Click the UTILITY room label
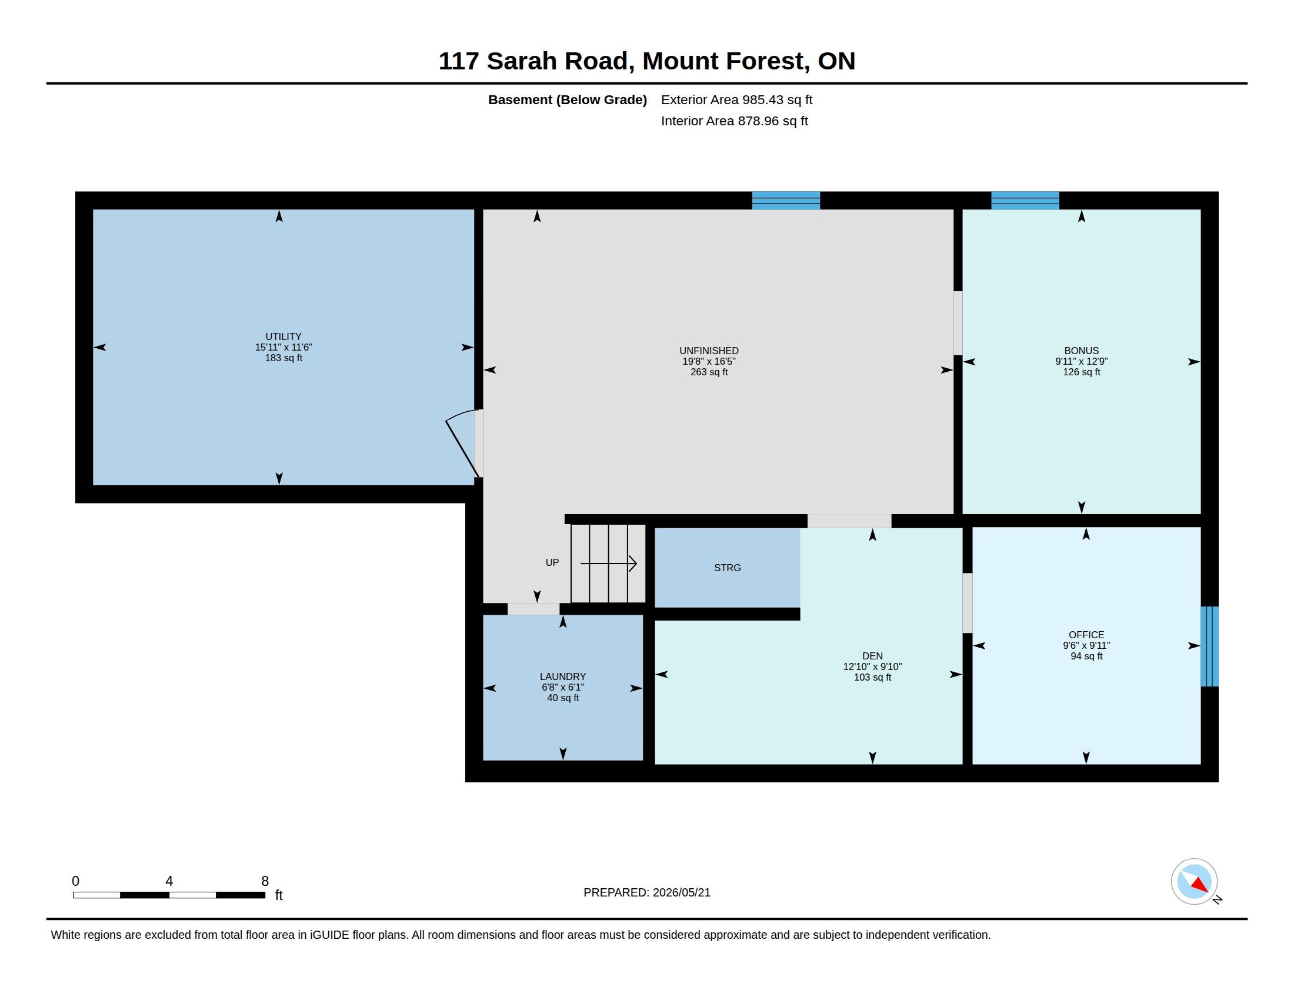[284, 336]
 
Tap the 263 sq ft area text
[709, 372]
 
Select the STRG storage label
[727, 568]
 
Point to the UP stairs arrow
[609, 564]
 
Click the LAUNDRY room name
[562, 676]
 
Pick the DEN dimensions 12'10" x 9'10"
[872, 666]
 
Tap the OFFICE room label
[1086, 635]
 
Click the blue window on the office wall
[1209, 646]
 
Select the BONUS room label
[1081, 351]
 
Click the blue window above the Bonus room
[1025, 200]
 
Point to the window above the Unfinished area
[786, 200]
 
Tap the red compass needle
[1199, 885]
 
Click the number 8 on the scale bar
[265, 881]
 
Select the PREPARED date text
[646, 892]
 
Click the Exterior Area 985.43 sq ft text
[736, 99]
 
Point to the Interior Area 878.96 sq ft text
[734, 121]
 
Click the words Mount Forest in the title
[723, 61]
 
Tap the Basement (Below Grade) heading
[567, 99]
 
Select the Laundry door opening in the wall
[533, 609]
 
